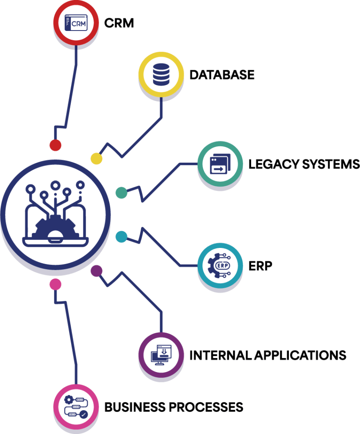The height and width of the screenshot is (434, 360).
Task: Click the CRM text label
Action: [x=119, y=23]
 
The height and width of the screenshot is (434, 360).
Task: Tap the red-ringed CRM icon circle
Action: [x=75, y=23]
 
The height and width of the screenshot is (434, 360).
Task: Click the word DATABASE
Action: [x=222, y=75]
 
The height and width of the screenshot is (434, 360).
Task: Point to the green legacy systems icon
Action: [x=219, y=164]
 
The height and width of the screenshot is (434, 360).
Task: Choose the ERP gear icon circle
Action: [x=219, y=266]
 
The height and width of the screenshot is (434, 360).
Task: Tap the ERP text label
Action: [x=260, y=266]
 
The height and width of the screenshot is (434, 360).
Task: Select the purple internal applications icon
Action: [x=161, y=354]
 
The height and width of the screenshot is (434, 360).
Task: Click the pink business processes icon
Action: [x=75, y=407]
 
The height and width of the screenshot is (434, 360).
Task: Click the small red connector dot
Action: [x=55, y=145]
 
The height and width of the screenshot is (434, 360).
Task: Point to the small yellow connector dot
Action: [x=97, y=159]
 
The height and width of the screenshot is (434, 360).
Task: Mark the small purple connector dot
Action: [x=97, y=271]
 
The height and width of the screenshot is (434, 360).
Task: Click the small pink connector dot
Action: [x=55, y=284]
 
